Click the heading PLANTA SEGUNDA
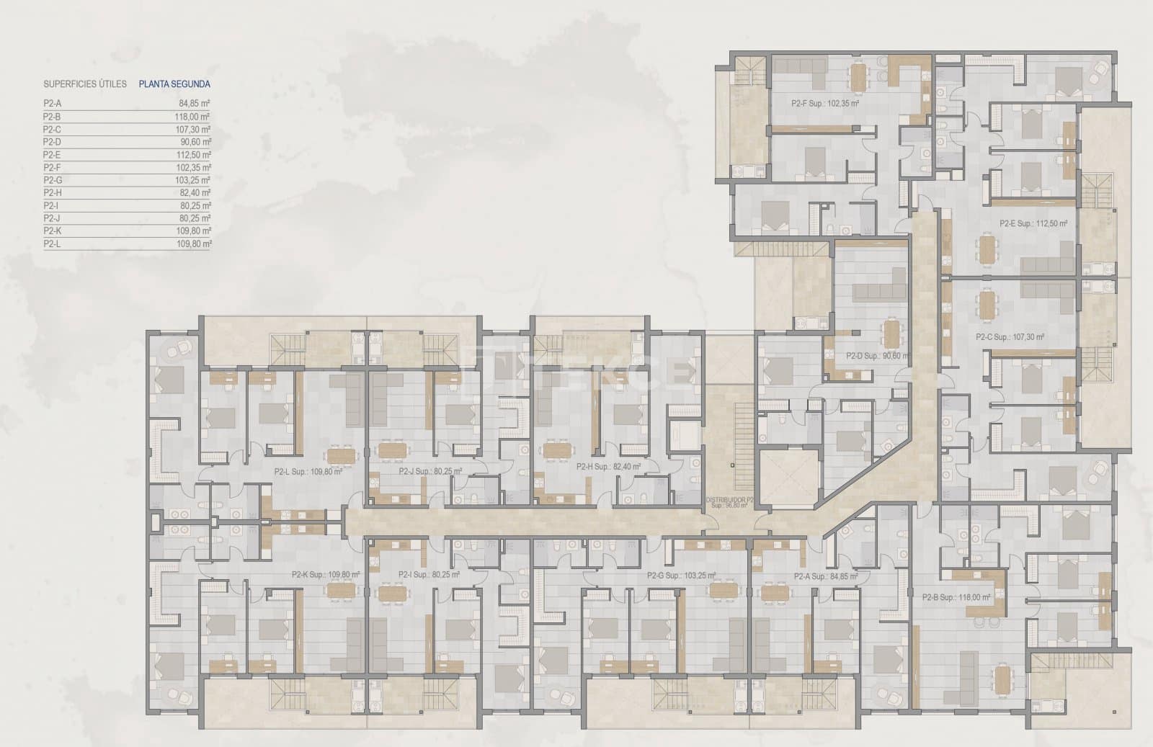(174, 84)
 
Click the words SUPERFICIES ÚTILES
(85, 84)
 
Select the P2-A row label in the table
(52, 104)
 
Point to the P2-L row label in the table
(52, 244)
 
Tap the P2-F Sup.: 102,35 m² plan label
(824, 104)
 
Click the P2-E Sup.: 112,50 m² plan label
(1033, 224)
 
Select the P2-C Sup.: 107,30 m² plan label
(1010, 337)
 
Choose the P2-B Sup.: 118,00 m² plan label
(956, 597)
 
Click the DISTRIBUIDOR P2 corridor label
(729, 499)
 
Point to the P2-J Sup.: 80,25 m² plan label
(429, 473)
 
